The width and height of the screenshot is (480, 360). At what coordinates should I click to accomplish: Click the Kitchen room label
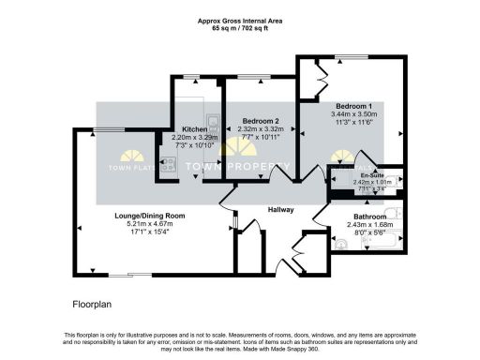[x=194, y=128]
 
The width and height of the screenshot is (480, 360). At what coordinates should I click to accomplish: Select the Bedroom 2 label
[x=261, y=121]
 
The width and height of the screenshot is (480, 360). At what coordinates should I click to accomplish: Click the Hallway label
[x=281, y=210]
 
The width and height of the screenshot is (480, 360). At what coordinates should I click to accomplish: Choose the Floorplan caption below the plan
[x=93, y=305]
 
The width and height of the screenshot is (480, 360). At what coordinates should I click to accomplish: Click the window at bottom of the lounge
[x=136, y=276]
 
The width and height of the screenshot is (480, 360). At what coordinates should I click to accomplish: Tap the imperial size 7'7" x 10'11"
[x=261, y=137]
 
